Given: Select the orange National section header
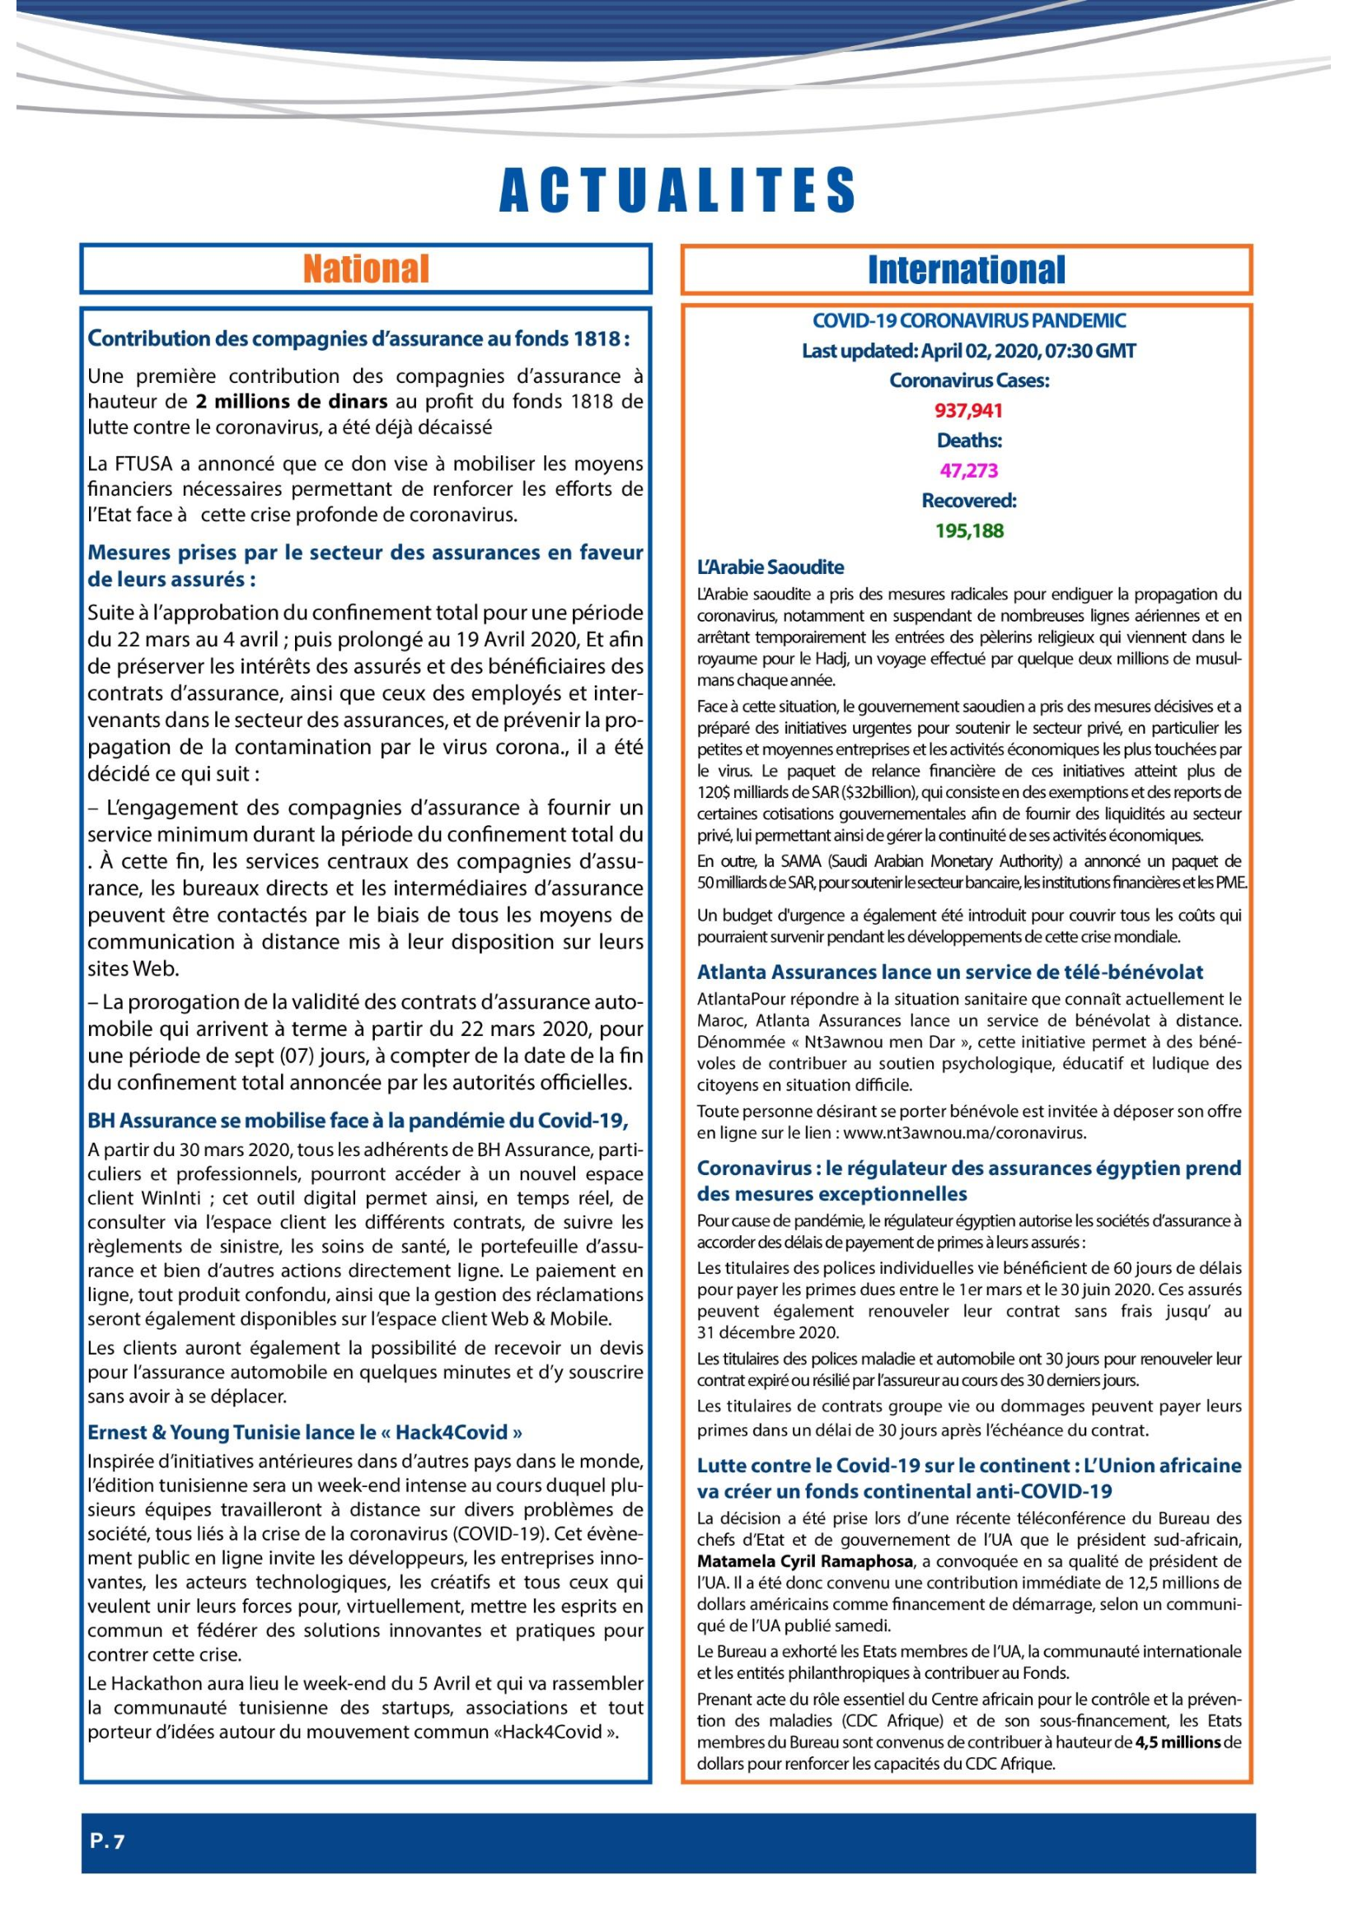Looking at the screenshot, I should pyautogui.click(x=366, y=269).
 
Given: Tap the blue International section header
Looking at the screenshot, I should pyautogui.click(x=966, y=270).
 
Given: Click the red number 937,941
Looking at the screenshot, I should pyautogui.click(x=968, y=411).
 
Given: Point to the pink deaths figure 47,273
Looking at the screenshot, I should pyautogui.click(x=968, y=471).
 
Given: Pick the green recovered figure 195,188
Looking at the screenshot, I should pyautogui.click(x=969, y=531).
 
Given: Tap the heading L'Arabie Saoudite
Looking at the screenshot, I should pyautogui.click(x=770, y=567).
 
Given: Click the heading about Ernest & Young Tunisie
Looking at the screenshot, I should pyautogui.click(x=306, y=1432).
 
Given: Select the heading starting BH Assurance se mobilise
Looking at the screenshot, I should pyautogui.click(x=358, y=1121).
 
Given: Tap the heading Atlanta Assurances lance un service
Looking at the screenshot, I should pyautogui.click(x=949, y=972).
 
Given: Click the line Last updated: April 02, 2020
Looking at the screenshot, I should pyautogui.click(x=968, y=351).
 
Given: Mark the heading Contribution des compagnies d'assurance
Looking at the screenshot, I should pyautogui.click(x=358, y=339).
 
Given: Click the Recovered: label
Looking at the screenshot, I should pyautogui.click(x=968, y=501).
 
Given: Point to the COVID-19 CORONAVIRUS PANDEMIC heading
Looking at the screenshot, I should pyautogui.click(x=968, y=320).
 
